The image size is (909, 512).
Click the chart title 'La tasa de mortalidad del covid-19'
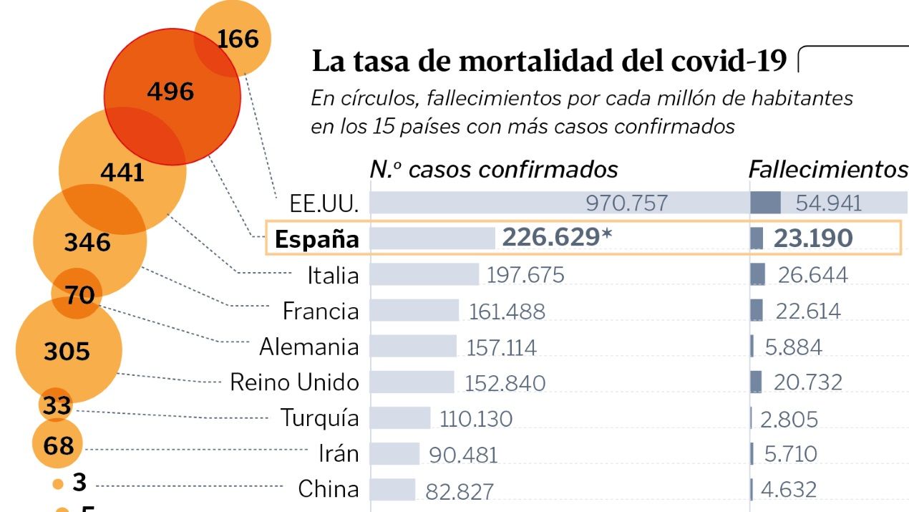[x=549, y=62]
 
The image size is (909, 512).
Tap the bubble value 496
[x=170, y=92]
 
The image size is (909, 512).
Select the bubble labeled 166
[x=238, y=38]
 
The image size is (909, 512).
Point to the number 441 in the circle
[x=122, y=173]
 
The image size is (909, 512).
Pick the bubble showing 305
[x=67, y=352]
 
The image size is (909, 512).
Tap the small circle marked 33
[x=56, y=406]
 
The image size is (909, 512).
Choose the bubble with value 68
[x=58, y=445]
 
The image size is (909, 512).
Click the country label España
[x=316, y=239]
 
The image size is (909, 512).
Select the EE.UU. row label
[x=324, y=203]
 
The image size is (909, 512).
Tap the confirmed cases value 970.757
[x=626, y=203]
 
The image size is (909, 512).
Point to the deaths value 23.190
[x=813, y=238]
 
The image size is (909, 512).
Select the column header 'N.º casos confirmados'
[x=494, y=169]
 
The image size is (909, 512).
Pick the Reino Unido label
[x=294, y=382]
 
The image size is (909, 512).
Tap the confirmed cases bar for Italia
[x=424, y=274]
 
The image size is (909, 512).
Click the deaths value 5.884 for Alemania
[x=793, y=347]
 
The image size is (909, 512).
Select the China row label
[x=329, y=489]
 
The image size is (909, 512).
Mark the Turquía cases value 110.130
[x=476, y=419]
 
